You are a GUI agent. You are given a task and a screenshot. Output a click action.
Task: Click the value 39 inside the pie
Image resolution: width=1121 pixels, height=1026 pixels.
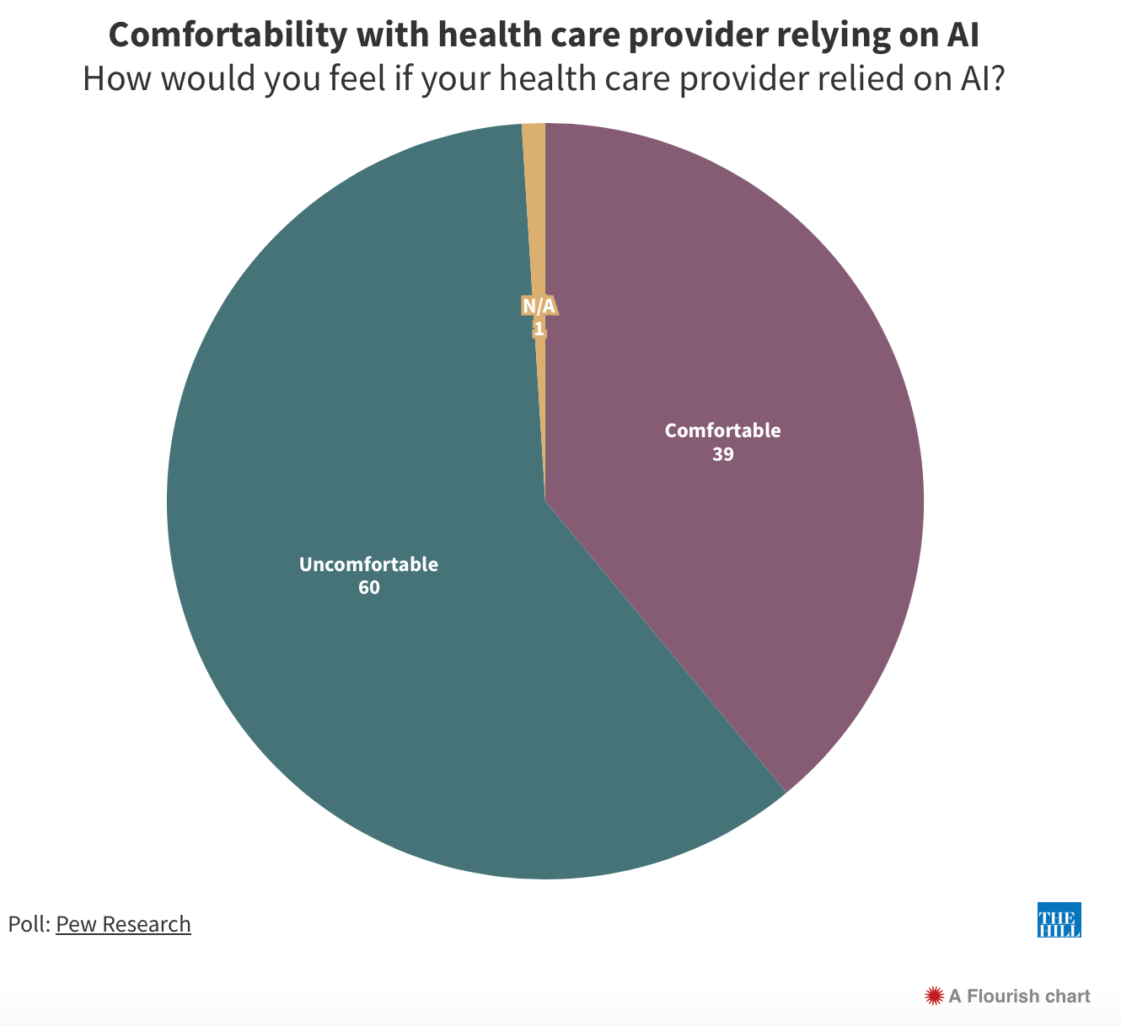[x=723, y=455]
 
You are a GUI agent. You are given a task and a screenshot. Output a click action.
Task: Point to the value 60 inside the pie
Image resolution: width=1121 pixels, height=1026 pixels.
[x=369, y=588]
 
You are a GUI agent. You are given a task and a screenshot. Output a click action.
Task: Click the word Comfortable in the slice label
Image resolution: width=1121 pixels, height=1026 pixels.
[x=723, y=430]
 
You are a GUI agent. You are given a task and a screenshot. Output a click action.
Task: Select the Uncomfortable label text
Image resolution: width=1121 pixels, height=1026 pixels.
[x=369, y=564]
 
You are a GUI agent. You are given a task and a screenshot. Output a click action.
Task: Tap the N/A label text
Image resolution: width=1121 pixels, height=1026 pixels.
[x=539, y=306]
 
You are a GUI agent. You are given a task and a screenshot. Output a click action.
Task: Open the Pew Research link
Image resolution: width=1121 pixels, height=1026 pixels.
[x=123, y=924]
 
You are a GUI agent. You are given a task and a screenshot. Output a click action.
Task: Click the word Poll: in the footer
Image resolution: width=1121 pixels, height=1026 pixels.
[x=29, y=924]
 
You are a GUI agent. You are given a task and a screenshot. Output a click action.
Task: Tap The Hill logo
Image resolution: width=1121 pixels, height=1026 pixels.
[x=1059, y=920]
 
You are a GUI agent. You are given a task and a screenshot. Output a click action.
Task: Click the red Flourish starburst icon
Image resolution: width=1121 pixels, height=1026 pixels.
[x=933, y=997]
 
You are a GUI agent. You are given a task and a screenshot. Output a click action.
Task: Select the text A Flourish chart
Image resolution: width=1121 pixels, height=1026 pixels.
[x=1019, y=997]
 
